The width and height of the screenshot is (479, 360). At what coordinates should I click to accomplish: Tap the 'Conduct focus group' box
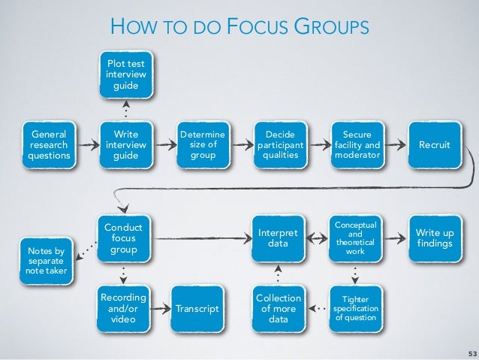tap(125, 238)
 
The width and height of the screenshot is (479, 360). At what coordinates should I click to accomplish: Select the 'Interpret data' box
tap(279, 239)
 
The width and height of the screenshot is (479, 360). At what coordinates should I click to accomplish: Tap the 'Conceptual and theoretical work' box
tap(355, 238)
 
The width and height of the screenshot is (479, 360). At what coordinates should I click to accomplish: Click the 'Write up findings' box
tap(433, 239)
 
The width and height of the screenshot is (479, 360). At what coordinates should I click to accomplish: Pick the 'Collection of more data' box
tap(279, 308)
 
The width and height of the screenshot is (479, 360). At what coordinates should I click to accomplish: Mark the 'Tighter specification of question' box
tap(355, 308)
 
